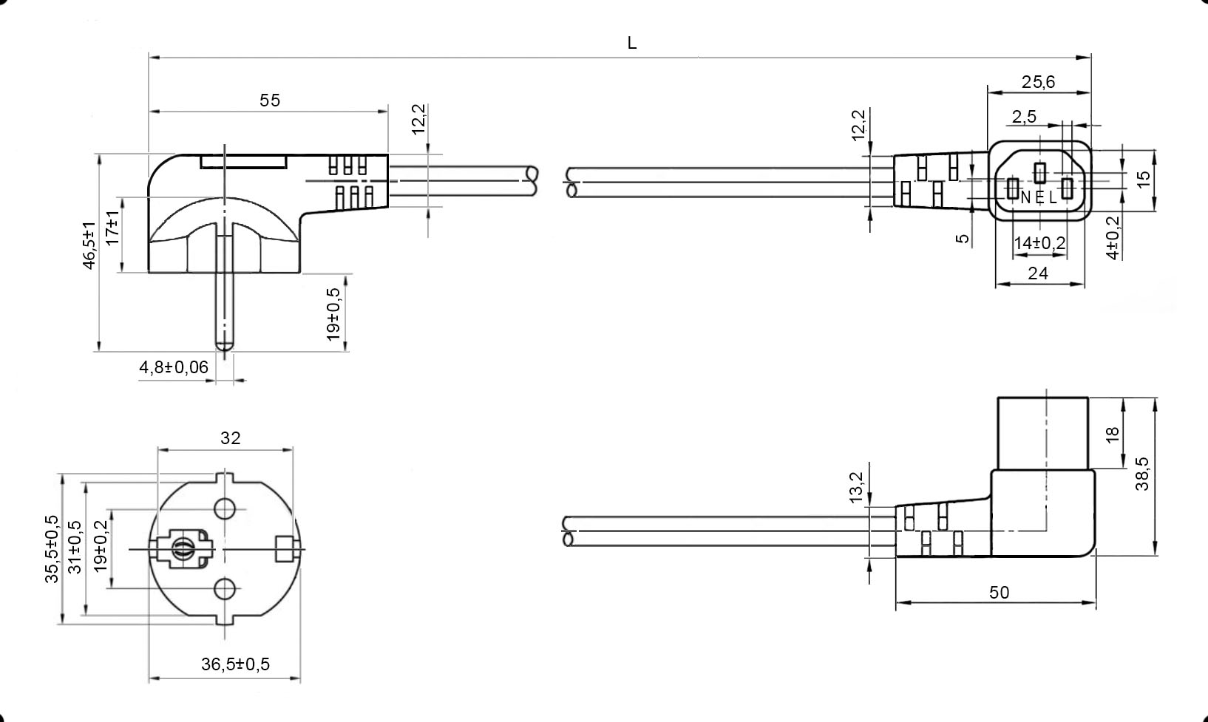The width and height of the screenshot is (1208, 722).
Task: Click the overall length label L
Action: click(x=632, y=43)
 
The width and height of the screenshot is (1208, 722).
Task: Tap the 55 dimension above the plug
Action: click(x=270, y=101)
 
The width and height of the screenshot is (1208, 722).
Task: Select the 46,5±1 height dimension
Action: click(x=89, y=245)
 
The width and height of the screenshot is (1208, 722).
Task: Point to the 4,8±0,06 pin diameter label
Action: click(x=174, y=367)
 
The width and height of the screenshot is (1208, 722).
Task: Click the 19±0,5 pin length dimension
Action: click(x=333, y=314)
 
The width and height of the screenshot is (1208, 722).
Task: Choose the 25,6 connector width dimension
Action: click(x=1038, y=82)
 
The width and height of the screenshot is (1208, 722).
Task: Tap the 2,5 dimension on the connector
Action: click(x=1024, y=117)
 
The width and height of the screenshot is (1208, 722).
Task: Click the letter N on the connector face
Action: click(x=1025, y=198)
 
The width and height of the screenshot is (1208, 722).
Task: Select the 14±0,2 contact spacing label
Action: click(x=1039, y=243)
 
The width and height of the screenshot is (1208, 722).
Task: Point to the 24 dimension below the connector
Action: click(x=1038, y=273)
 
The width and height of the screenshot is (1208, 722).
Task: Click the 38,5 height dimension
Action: click(x=1142, y=474)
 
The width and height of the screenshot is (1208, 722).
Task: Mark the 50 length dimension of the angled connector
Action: click(x=999, y=593)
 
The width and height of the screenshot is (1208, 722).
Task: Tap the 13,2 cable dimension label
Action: click(x=856, y=488)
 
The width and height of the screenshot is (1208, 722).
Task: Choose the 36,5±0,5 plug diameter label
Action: click(x=235, y=664)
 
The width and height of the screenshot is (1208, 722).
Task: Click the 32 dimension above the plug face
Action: click(x=230, y=437)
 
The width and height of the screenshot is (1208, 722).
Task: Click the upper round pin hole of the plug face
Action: click(x=225, y=509)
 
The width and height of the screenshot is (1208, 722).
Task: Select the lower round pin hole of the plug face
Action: click(x=225, y=589)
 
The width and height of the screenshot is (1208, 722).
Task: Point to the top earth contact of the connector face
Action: click(x=1040, y=172)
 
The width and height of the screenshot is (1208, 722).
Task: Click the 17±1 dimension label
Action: click(x=112, y=228)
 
